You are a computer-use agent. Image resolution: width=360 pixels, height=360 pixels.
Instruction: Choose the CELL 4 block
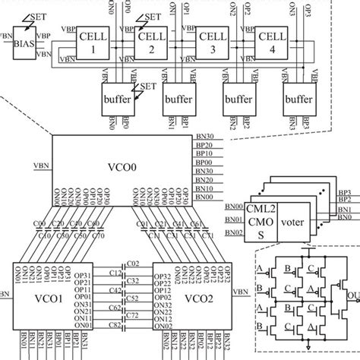pos(270,43)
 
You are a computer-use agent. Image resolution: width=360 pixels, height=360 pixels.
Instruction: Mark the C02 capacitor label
pos(134,263)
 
